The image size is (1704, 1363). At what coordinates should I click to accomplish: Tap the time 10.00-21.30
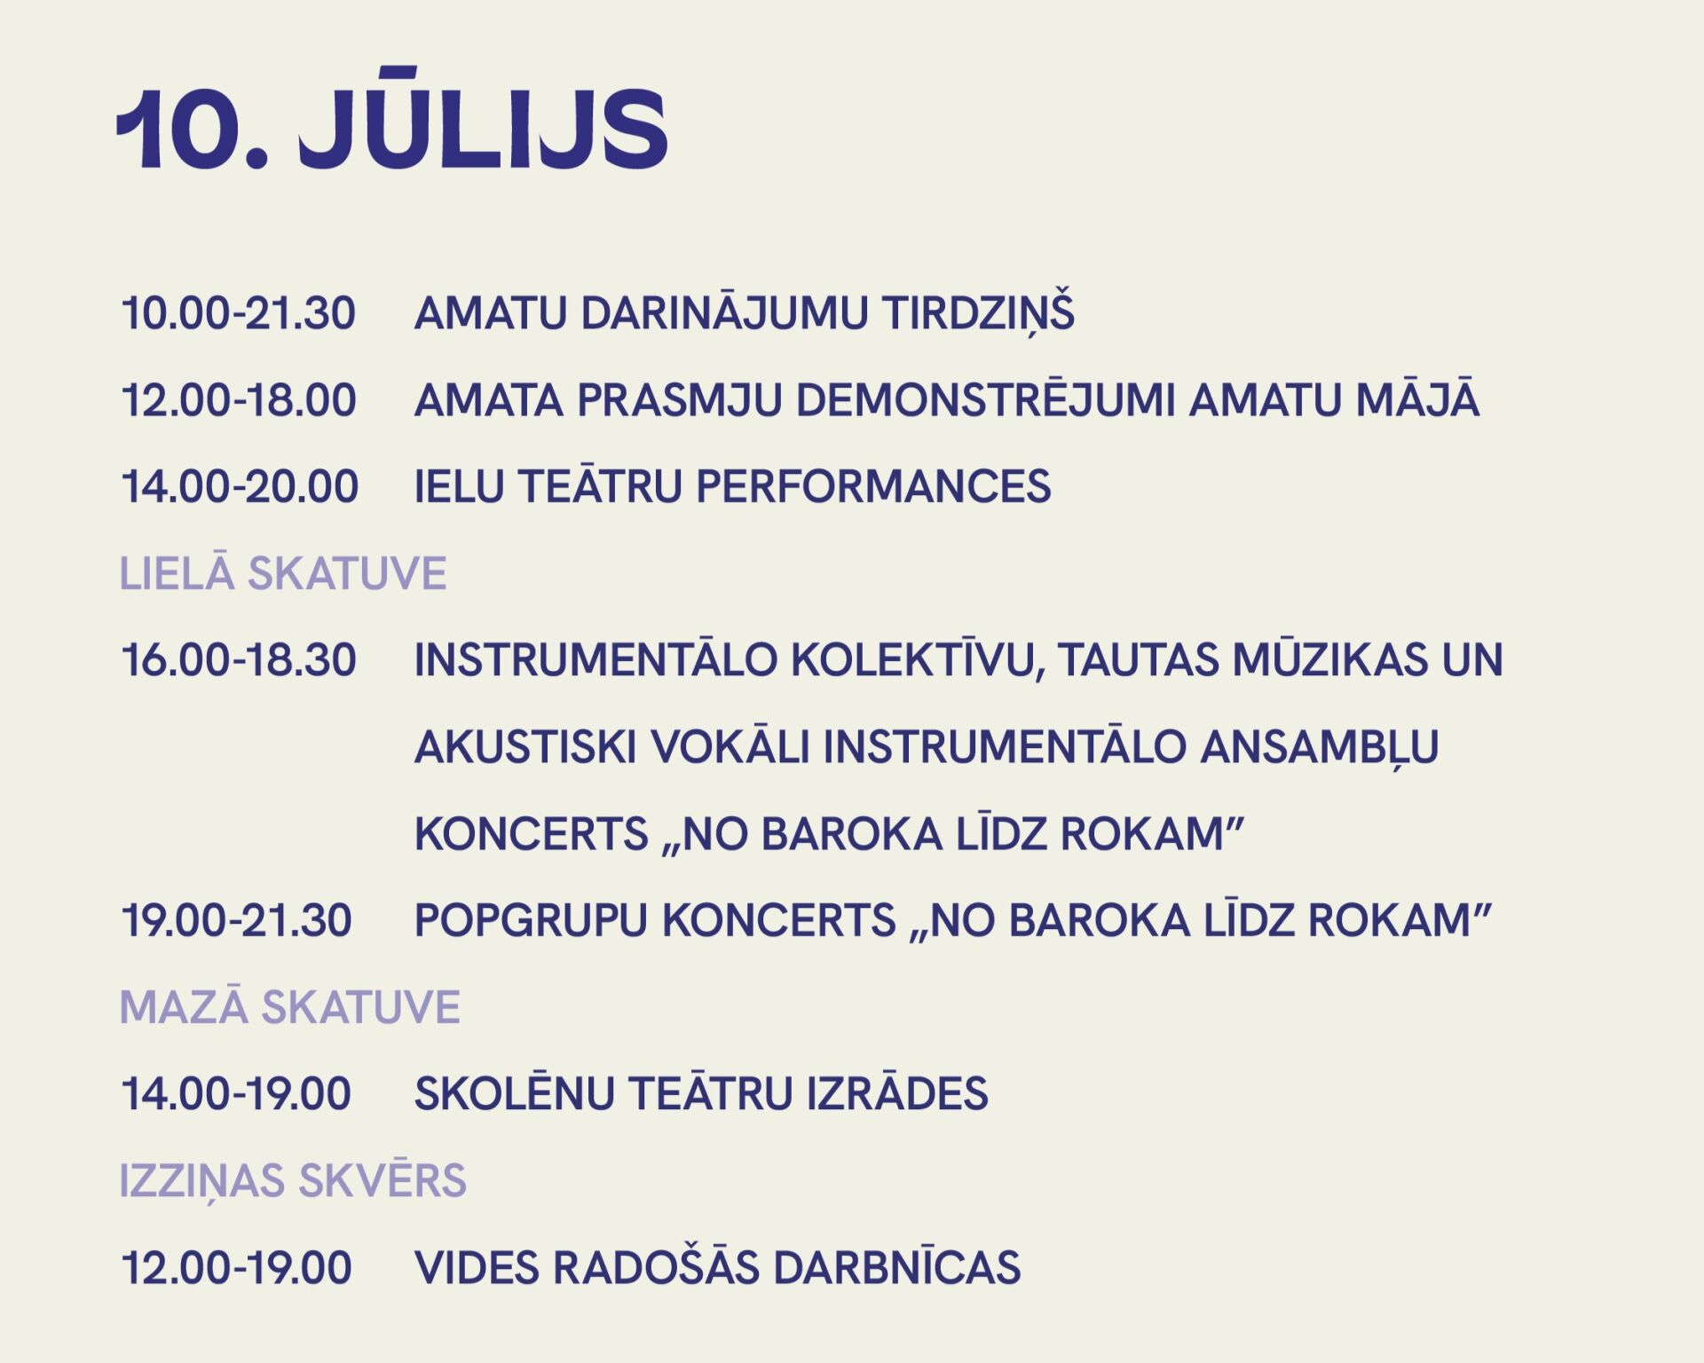(x=238, y=314)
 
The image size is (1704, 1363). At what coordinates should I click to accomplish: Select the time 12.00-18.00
(x=239, y=400)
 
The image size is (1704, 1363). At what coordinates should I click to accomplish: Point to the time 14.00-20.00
(x=240, y=487)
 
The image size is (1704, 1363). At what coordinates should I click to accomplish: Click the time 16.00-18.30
(x=239, y=661)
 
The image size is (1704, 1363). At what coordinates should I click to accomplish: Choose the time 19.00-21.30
(x=236, y=921)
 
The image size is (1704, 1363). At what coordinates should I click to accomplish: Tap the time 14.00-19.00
(x=236, y=1094)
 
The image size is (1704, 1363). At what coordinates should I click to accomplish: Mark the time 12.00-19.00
(x=236, y=1268)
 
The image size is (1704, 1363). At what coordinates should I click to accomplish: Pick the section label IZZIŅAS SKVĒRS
(x=293, y=1178)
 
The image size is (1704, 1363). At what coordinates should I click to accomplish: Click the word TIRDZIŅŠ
(x=978, y=311)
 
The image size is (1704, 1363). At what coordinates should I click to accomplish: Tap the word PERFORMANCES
(x=873, y=487)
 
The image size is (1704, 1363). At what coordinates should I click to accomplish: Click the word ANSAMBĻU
(x=1320, y=748)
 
